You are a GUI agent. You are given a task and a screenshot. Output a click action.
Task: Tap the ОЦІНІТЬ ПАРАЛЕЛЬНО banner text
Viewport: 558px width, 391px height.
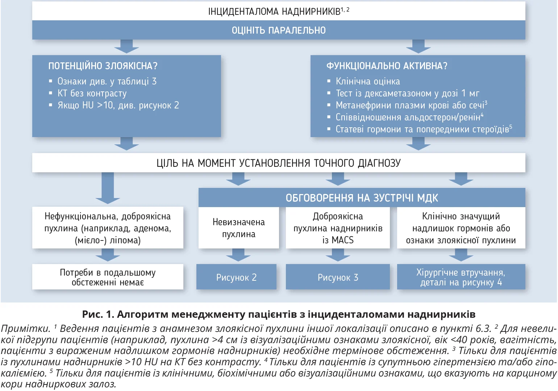(279, 30)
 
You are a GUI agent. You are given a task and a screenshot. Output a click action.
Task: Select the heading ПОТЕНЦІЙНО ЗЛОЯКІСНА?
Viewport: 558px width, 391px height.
(103, 66)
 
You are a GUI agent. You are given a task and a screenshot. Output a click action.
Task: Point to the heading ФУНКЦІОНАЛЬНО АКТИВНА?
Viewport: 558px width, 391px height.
(387, 66)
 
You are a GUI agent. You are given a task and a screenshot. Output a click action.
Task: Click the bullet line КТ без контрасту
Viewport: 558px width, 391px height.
(92, 94)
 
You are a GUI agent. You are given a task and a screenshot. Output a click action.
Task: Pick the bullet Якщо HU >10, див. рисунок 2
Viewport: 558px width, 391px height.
(118, 106)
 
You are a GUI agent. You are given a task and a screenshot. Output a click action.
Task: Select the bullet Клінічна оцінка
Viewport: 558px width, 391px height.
(368, 82)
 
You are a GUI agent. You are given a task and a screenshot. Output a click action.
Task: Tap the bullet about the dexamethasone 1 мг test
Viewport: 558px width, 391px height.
(407, 94)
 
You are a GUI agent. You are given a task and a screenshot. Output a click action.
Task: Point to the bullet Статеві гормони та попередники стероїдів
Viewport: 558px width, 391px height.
(422, 129)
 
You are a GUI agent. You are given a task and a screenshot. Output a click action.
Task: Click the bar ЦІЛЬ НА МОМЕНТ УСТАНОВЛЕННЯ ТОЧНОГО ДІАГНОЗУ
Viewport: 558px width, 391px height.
(279, 163)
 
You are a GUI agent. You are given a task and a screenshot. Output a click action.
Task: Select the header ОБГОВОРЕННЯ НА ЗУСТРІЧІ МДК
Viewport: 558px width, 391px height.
(362, 198)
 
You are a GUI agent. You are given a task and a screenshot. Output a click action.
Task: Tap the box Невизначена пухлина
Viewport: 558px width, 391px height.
(238, 228)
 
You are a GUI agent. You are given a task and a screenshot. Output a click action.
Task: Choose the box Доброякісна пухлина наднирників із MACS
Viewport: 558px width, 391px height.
(338, 228)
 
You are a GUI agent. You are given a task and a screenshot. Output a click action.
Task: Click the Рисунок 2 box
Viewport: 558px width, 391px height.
(236, 277)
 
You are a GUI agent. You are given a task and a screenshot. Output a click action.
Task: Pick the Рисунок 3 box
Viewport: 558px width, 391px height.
(338, 277)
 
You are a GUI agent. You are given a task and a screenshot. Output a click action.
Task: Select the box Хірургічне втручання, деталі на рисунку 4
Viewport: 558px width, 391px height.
(461, 277)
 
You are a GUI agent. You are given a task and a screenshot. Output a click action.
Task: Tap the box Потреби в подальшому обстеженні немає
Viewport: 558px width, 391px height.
(108, 277)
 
